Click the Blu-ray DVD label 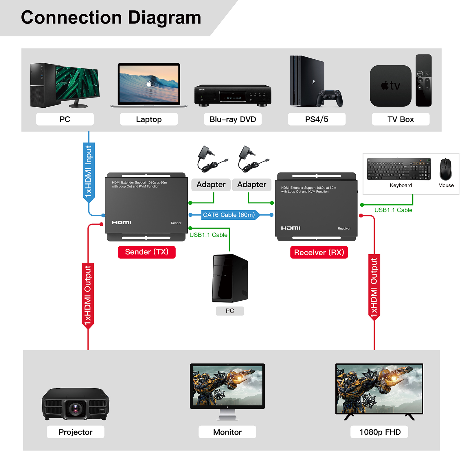point(233,119)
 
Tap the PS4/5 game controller point(329,98)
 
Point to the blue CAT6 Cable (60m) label point(229,215)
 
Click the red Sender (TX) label point(147,252)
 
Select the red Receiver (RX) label point(319,252)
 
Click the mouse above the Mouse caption point(445,169)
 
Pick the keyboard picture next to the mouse point(399,169)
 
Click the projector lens point(76,408)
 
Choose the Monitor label point(227,432)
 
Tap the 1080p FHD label point(379,432)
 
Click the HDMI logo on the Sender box point(122,222)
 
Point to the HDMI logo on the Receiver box point(291,228)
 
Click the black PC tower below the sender point(230,278)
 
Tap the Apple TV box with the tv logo point(390,86)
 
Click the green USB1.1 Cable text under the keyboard point(393,210)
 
